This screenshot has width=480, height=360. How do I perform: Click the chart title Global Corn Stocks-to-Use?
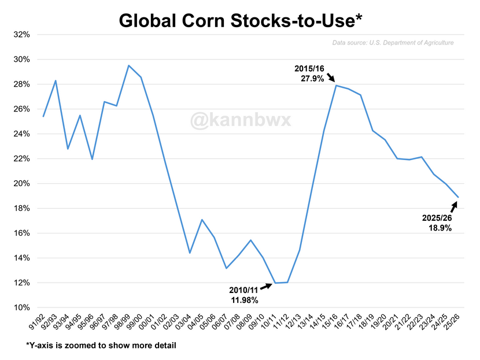(x=241, y=21)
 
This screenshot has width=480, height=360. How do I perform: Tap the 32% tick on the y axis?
(x=22, y=35)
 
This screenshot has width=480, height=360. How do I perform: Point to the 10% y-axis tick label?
(x=22, y=307)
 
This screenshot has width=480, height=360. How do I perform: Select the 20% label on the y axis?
(x=22, y=184)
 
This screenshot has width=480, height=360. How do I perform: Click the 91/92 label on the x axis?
(x=38, y=322)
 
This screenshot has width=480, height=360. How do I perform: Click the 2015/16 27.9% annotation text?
(x=309, y=73)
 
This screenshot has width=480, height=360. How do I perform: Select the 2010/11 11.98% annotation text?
(x=244, y=295)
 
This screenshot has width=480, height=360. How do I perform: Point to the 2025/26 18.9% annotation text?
(x=437, y=222)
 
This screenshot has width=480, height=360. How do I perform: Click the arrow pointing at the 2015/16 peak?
(x=331, y=77)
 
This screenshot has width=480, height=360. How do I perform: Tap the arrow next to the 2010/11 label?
(x=266, y=286)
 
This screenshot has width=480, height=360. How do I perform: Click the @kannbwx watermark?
(x=241, y=120)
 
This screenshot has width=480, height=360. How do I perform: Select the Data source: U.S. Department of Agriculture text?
(x=393, y=43)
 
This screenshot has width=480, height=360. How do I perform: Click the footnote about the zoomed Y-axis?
(x=101, y=346)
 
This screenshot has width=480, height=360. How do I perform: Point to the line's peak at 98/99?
(x=128, y=65)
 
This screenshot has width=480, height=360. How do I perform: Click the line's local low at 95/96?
(x=92, y=159)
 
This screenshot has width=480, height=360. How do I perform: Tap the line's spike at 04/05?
(x=202, y=220)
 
